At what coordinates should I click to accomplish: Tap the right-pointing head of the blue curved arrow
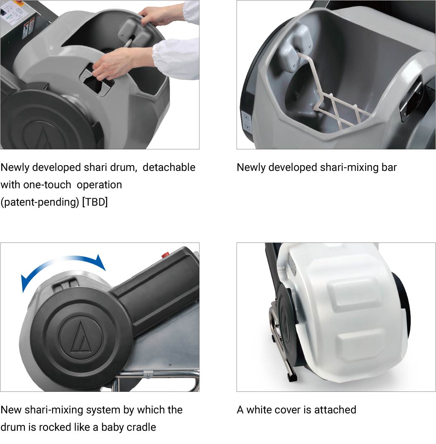tap(100, 262)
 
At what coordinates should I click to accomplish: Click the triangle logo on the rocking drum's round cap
tap(80, 337)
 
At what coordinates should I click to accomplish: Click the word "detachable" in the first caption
tap(169, 167)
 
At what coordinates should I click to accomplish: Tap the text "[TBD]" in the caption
tap(95, 202)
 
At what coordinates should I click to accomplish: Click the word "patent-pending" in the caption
tap(40, 202)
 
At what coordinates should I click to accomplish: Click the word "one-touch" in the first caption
tap(47, 185)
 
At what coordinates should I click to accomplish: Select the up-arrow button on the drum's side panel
tap(246, 117)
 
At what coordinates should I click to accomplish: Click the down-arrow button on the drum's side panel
tap(247, 127)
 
